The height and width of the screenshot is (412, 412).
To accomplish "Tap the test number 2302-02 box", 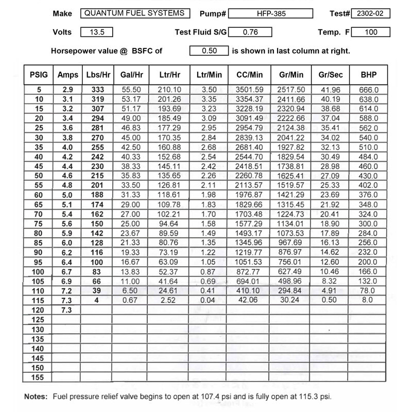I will point(371,14).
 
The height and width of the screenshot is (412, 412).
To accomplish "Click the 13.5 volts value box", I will point(97,32).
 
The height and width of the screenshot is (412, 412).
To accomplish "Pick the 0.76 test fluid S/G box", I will point(250,32).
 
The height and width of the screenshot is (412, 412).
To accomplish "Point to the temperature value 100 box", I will point(371,32).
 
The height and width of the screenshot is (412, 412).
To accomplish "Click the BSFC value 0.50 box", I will point(209,50).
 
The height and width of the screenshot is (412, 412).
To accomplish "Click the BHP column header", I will point(369,75).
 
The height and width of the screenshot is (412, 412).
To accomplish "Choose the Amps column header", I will point(68,75).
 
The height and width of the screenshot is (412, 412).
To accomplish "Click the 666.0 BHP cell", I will point(369,89).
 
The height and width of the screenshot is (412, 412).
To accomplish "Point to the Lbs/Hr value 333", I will point(97,89).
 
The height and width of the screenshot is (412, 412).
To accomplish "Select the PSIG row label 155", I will point(38,377).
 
